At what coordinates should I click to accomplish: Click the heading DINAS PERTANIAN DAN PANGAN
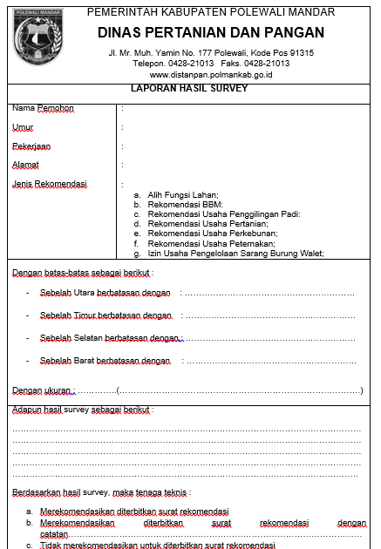[211, 32]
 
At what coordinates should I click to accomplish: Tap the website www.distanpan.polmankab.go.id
[212, 75]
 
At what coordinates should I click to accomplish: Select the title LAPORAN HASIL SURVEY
[189, 89]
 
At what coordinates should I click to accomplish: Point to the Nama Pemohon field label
[42, 108]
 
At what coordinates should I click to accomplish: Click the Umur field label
[23, 127]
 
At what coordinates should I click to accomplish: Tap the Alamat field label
[25, 165]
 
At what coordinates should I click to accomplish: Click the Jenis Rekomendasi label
[49, 184]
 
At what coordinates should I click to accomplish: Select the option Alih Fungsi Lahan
[182, 194]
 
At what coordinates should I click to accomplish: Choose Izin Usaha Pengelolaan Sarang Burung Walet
[235, 254]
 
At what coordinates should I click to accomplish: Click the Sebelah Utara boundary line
[105, 293]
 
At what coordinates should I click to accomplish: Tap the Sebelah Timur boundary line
[105, 315]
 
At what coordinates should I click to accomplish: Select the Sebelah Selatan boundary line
[109, 338]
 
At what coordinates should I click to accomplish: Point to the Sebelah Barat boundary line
[105, 361]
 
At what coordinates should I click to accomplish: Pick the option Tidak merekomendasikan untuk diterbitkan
[157, 545]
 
